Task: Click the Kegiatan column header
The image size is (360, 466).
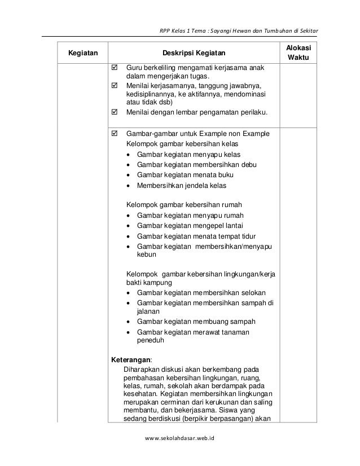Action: pyautogui.click(x=82, y=54)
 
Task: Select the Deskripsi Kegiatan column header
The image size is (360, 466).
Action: pyautogui.click(x=194, y=54)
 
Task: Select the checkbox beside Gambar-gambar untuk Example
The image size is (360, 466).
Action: pyautogui.click(x=115, y=134)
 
